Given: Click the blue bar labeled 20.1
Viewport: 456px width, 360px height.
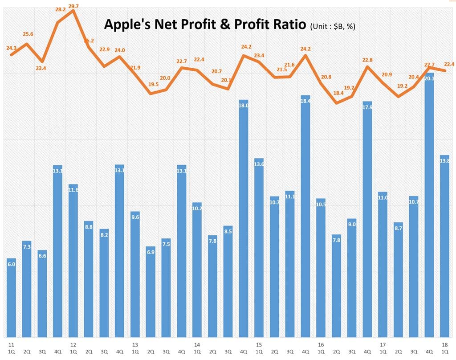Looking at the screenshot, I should tap(430, 205).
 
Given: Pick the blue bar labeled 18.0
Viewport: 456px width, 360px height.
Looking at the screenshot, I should tap(244, 218).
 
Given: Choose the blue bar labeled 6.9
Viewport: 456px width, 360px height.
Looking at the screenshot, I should tap(151, 292).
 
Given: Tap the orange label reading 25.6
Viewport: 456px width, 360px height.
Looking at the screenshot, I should tap(28, 34).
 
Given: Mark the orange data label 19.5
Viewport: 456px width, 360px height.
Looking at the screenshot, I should tap(153, 84).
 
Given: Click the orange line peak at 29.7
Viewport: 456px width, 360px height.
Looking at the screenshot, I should tap(73, 10).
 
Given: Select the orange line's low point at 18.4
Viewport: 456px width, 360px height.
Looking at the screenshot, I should tap(337, 103).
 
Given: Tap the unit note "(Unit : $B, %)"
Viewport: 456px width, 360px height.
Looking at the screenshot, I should tap(332, 27).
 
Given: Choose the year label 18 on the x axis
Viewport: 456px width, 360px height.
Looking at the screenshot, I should tap(445, 344).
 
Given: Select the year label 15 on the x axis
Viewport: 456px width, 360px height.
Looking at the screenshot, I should tap(259, 344).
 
